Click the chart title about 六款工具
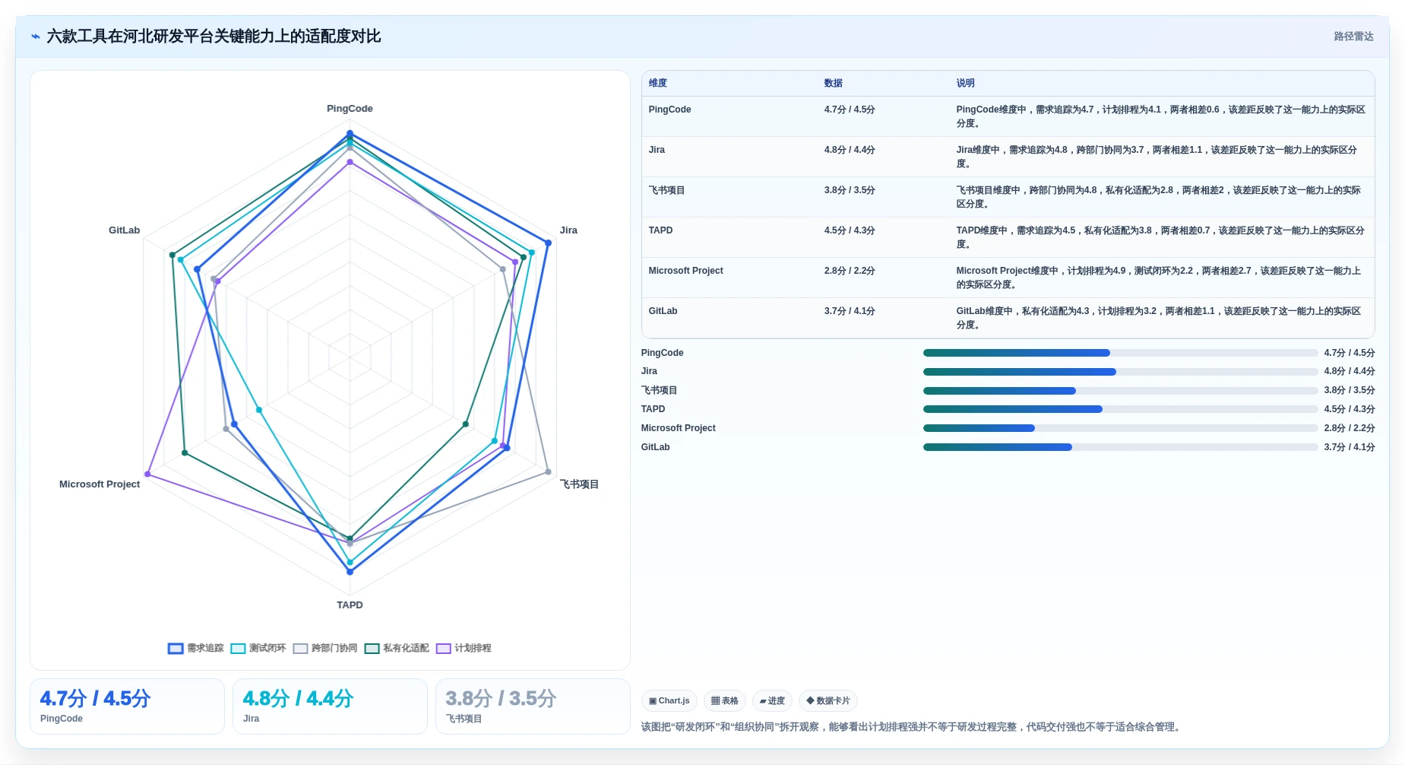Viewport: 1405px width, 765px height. [214, 37]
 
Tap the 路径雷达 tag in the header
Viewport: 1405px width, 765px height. [1353, 37]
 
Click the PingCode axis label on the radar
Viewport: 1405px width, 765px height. [350, 109]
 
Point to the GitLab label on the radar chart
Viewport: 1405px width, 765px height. [124, 230]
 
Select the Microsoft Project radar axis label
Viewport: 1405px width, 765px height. [100, 484]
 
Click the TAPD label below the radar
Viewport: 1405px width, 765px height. [350, 605]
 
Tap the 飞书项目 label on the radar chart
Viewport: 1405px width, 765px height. [579, 484]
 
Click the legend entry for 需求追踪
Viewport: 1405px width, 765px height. [196, 649]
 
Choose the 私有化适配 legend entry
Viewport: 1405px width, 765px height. [397, 649]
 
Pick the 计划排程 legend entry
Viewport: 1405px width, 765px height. [464, 649]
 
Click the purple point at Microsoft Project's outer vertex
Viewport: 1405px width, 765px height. [147, 475]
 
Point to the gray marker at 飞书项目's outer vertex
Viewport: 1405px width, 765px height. [548, 472]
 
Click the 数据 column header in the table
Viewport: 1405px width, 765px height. [834, 84]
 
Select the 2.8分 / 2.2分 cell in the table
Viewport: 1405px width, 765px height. [850, 271]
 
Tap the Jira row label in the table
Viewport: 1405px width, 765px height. [657, 150]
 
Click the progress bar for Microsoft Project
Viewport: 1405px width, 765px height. [1120, 428]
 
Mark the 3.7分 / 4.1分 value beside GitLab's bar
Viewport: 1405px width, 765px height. [1349, 447]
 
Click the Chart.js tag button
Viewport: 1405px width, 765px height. [669, 701]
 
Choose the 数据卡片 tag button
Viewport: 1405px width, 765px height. [828, 701]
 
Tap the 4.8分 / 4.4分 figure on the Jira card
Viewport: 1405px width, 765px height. [298, 699]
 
